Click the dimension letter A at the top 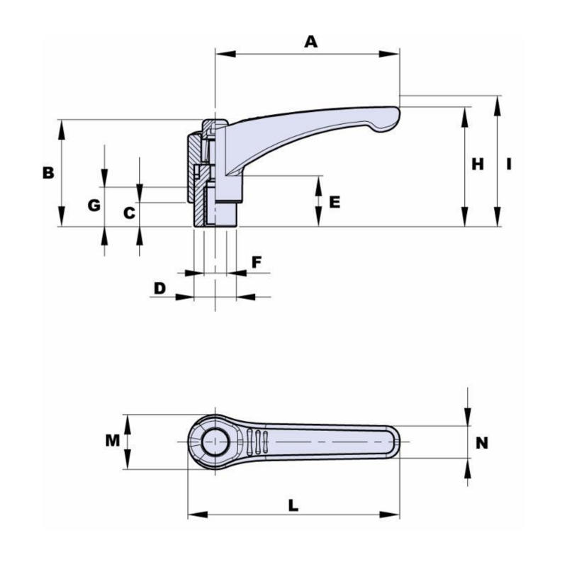pyautogui.click(x=310, y=42)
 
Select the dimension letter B pyautogui.click(x=47, y=172)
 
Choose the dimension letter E pyautogui.click(x=335, y=202)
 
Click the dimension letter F pyautogui.click(x=257, y=262)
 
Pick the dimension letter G pyautogui.click(x=93, y=206)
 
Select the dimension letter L pyautogui.click(x=293, y=505)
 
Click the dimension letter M pyautogui.click(x=112, y=441)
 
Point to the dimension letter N pyautogui.click(x=482, y=443)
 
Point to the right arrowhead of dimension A pyautogui.click(x=391, y=53)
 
